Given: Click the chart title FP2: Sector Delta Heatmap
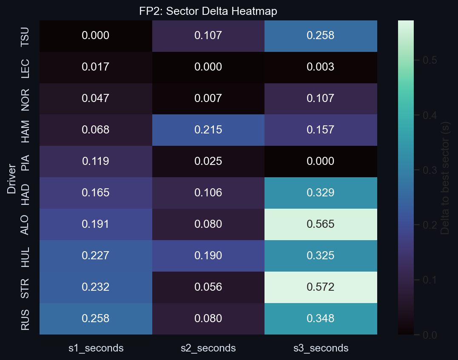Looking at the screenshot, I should point(208,11).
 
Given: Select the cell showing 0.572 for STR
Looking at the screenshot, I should point(321,287).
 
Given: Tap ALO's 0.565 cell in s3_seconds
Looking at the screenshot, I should point(321,224).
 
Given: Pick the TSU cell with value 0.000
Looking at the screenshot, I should point(96,36).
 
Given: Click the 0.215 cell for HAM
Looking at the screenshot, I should point(208,130).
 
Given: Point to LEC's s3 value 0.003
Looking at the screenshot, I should point(321,67).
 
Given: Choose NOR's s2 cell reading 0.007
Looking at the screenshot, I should point(208,99).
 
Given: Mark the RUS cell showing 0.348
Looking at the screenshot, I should point(321,319).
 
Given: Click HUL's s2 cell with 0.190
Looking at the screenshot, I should point(208,256).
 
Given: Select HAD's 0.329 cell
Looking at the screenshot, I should point(321,193).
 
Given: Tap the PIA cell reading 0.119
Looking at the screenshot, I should point(96,162).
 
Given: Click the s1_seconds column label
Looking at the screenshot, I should point(96,349).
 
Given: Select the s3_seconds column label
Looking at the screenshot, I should point(321,349).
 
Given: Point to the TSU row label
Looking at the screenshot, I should point(26,36).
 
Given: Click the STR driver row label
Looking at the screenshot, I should point(26,287).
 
